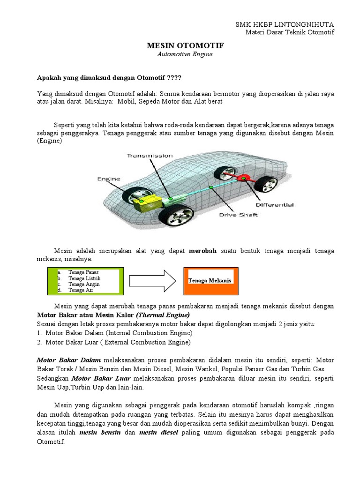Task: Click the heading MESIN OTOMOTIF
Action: (x=185, y=45)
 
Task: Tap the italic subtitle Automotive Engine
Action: (x=185, y=54)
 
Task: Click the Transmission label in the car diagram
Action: (x=150, y=156)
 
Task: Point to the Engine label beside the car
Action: (x=109, y=179)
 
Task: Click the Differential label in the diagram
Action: (x=274, y=205)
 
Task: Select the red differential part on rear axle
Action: (x=242, y=178)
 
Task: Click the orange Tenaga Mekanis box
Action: (x=210, y=280)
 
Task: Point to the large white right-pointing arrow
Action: (x=151, y=281)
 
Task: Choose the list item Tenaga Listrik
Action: (x=84, y=278)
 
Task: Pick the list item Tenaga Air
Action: (x=81, y=290)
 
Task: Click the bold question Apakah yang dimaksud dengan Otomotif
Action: (x=109, y=77)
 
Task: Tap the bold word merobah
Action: (x=202, y=251)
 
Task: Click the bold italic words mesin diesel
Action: (x=158, y=433)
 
